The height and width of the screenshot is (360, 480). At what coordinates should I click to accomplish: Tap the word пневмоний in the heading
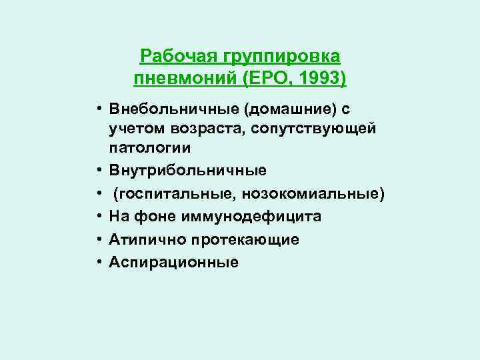click(x=179, y=79)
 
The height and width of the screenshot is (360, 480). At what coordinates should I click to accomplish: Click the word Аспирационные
click(x=175, y=262)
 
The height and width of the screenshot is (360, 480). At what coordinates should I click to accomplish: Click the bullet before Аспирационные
click(x=97, y=262)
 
